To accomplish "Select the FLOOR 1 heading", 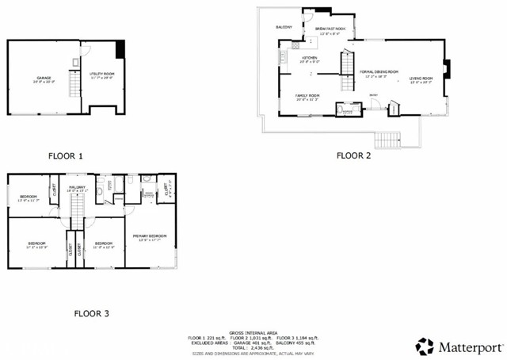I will click(x=65, y=156).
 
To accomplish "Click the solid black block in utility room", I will click(x=120, y=50).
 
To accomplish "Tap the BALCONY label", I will click(x=284, y=28).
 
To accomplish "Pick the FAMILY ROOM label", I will click(x=307, y=98).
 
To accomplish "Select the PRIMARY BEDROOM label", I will click(x=150, y=237).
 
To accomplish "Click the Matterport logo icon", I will click(x=426, y=346).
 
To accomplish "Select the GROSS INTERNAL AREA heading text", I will click(x=252, y=332).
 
